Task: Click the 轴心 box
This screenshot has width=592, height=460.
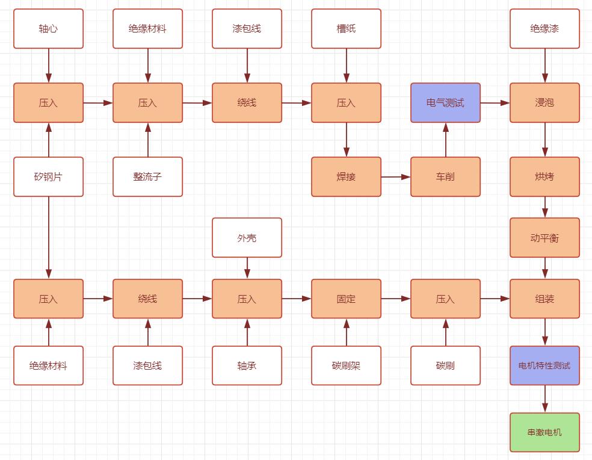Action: coord(48,28)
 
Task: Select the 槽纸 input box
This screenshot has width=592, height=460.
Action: coord(346,28)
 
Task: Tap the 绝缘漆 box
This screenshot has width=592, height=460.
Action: coord(544,28)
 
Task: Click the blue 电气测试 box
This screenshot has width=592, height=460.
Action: coord(445,103)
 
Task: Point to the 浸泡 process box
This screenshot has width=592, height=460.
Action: coord(544,103)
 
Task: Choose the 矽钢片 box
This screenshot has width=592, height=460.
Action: coord(48,177)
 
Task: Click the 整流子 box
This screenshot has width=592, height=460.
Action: coord(147,177)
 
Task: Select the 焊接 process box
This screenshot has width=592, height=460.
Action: coord(346,177)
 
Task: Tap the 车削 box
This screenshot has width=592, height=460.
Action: coord(445,177)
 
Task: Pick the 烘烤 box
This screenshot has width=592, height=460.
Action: coord(544,177)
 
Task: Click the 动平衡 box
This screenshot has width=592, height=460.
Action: coord(544,238)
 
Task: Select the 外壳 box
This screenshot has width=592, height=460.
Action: coord(247,238)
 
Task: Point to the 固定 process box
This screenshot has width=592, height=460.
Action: coord(346,299)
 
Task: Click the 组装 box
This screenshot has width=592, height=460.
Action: coord(544,299)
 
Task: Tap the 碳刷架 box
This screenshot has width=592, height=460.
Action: coord(346,365)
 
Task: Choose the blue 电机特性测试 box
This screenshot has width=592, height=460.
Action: coord(544,365)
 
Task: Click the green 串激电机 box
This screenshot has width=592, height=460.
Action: coord(544,432)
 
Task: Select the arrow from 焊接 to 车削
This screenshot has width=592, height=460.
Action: coord(395,177)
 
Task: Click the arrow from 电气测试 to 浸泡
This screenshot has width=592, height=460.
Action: coord(495,103)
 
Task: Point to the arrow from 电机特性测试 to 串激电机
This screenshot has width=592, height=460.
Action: coord(545,399)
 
